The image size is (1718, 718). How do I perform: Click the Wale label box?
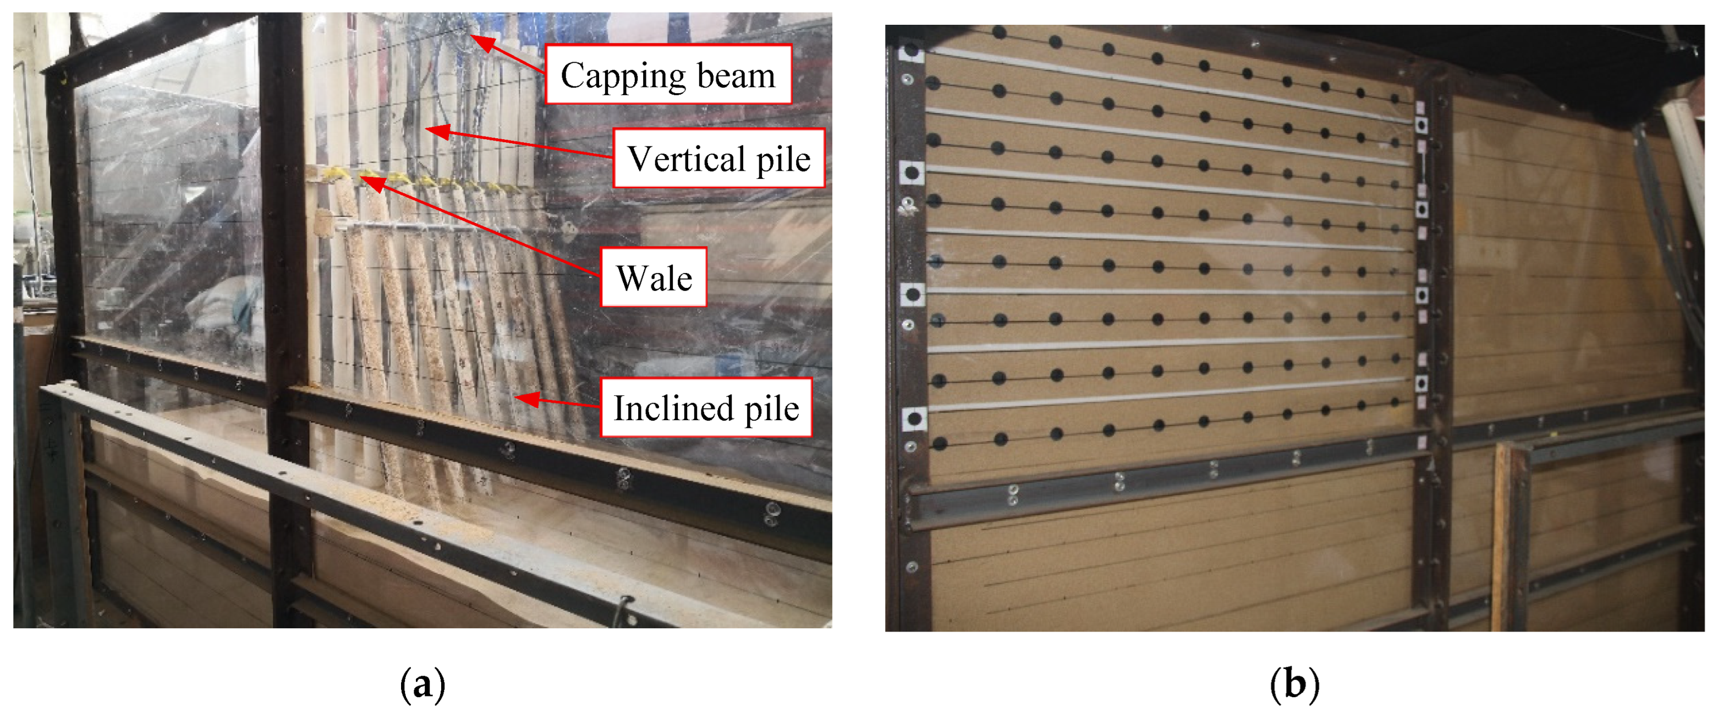pyautogui.click(x=654, y=278)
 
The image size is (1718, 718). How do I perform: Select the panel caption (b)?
pyautogui.click(x=1294, y=684)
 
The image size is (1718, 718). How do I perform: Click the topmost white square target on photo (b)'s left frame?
pyautogui.click(x=911, y=51)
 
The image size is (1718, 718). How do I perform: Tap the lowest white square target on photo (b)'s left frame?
pyautogui.click(x=914, y=419)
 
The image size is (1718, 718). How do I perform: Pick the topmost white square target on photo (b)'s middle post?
pyautogui.click(x=1421, y=125)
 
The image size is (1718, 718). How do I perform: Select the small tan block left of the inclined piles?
pyautogui.click(x=323, y=222)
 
